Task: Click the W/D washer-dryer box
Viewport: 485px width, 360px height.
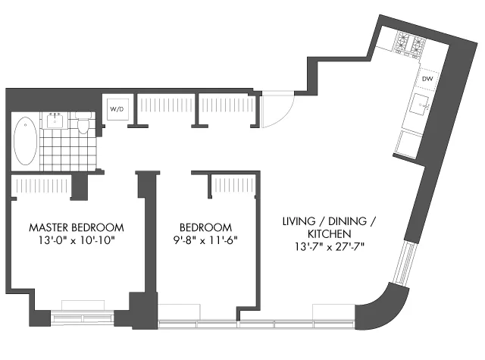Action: point(117,110)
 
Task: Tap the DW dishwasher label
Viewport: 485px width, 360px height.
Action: point(427,78)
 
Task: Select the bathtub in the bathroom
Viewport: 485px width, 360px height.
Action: point(24,140)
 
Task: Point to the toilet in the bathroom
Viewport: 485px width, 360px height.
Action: point(84,124)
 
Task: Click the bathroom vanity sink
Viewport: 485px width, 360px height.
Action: point(55,120)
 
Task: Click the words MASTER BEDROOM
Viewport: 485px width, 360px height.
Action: point(76,227)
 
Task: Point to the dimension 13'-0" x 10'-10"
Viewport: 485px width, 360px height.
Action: point(76,240)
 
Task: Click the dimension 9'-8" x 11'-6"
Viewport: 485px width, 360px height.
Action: point(205,240)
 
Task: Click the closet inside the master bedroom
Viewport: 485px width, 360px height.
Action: point(42,185)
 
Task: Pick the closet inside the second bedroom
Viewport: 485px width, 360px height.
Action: point(231,185)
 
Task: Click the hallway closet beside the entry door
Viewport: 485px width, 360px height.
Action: point(226,108)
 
